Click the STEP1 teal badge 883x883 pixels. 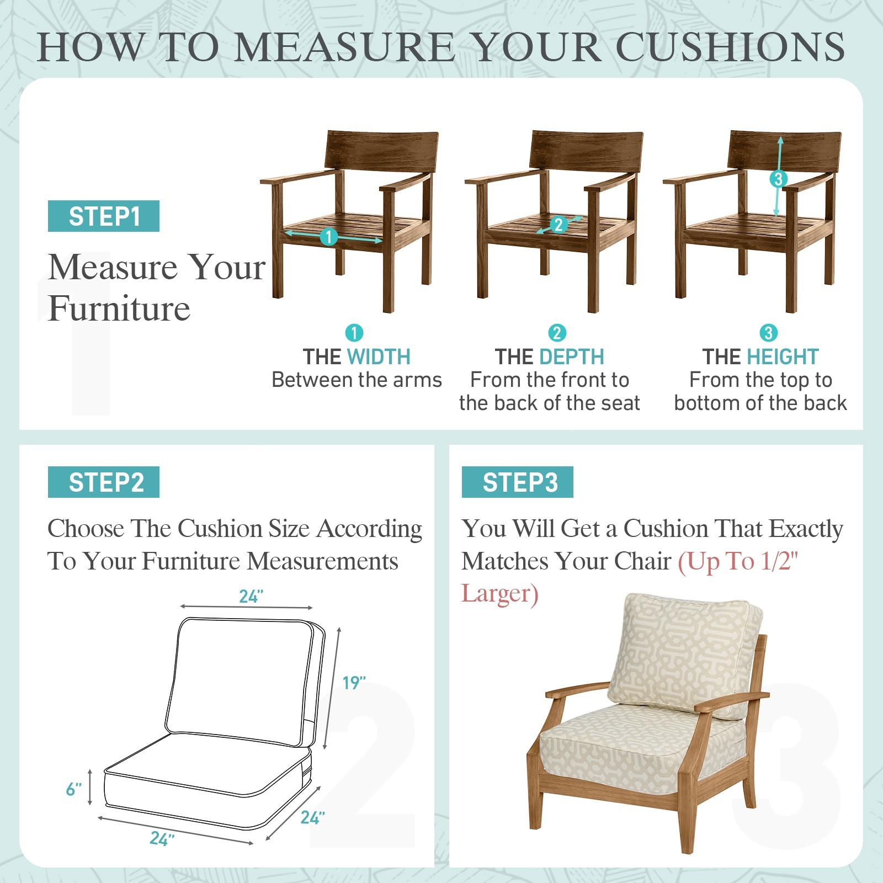[x=104, y=216]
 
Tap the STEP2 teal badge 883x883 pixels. [x=104, y=482]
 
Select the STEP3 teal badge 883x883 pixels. [x=518, y=482]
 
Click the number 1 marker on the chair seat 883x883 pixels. [x=329, y=237]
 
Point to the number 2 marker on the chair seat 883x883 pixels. [x=558, y=225]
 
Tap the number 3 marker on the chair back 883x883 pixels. [x=778, y=179]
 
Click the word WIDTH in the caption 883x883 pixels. [x=379, y=357]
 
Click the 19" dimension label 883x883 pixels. [x=354, y=683]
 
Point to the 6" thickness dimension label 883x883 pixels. [x=74, y=790]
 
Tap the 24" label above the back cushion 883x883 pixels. [x=251, y=597]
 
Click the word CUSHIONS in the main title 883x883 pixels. [x=730, y=47]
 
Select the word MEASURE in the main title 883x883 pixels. [x=345, y=47]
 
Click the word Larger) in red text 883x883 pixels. [x=500, y=594]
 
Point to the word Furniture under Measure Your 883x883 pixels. [x=119, y=308]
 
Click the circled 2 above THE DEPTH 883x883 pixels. [x=557, y=333]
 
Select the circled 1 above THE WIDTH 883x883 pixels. [x=354, y=333]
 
